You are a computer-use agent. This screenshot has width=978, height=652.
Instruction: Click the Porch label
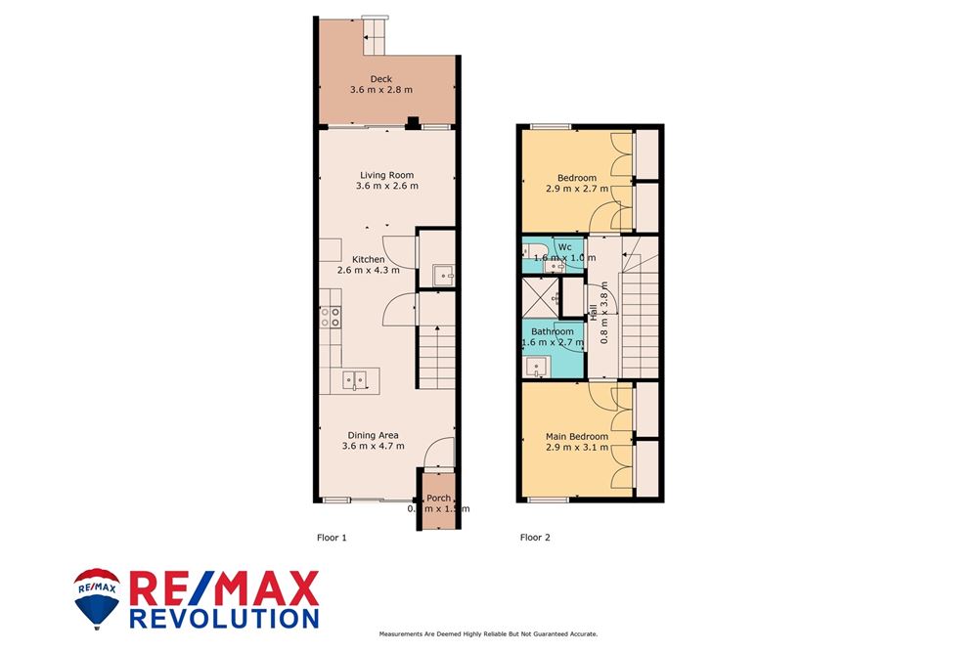point(438,499)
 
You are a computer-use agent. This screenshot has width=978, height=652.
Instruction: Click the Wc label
point(564,246)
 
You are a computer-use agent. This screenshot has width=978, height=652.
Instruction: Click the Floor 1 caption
point(332,538)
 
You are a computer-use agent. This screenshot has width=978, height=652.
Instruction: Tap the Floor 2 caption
point(535,538)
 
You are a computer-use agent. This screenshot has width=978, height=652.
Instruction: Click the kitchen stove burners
point(330,317)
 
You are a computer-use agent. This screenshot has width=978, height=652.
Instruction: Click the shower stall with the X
point(540,296)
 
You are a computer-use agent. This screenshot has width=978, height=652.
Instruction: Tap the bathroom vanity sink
point(535,367)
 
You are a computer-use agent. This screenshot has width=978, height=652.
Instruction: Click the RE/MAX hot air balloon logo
point(97,597)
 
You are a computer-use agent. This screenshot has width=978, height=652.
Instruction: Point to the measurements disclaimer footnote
point(488,635)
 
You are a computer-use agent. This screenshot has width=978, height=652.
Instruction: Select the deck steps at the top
point(376,39)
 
